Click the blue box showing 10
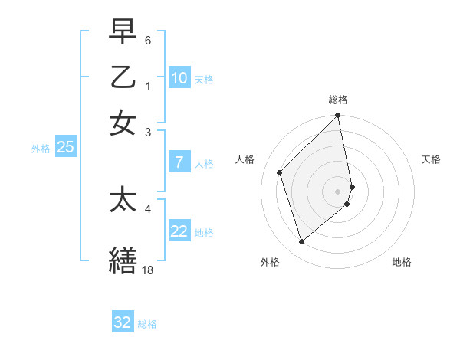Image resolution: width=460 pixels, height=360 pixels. [x=179, y=78]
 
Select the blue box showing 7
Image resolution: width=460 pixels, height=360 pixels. [x=179, y=162]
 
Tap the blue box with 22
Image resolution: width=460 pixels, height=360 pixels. [x=179, y=231]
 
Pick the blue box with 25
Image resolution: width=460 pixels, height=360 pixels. [x=65, y=148]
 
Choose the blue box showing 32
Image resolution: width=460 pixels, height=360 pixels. [x=123, y=322]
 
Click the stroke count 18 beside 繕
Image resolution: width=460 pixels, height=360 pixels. [x=148, y=270]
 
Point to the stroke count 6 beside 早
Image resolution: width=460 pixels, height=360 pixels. [x=148, y=39]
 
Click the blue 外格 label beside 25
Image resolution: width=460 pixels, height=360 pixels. [x=41, y=149]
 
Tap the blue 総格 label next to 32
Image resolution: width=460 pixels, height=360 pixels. [x=147, y=324]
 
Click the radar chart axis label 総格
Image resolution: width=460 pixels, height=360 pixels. [x=338, y=100]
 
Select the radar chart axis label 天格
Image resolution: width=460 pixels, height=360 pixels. [x=432, y=159]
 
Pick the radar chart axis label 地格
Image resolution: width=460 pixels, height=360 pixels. [x=402, y=262]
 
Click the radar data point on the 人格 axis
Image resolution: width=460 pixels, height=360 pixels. [x=280, y=172]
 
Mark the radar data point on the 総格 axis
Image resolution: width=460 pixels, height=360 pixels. [x=338, y=116]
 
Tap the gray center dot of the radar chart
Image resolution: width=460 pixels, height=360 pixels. [x=338, y=191]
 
